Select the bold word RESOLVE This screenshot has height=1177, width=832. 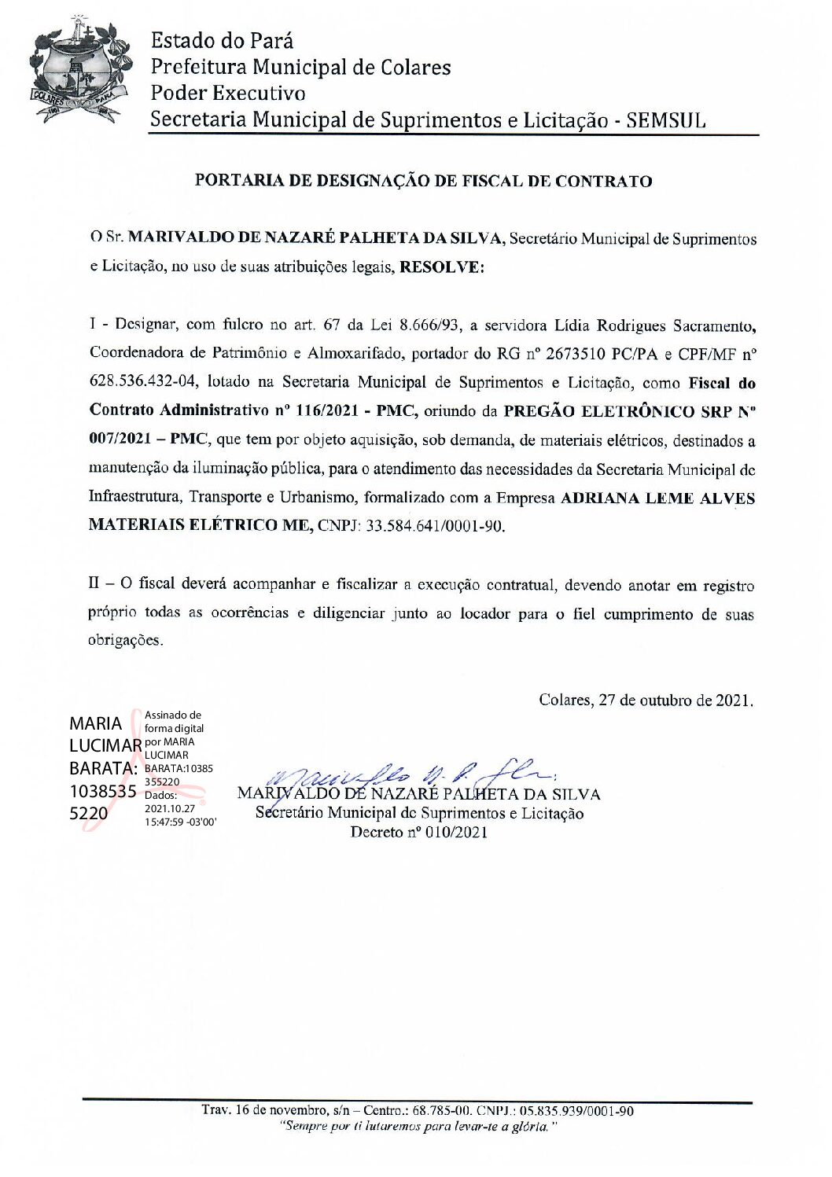click(x=442, y=267)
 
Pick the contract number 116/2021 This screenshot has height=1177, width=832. click(x=323, y=411)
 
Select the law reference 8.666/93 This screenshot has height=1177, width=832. click(x=430, y=325)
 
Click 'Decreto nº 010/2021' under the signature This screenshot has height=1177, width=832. click(x=418, y=833)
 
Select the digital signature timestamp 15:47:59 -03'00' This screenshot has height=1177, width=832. click(x=180, y=821)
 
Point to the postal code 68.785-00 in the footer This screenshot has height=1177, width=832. click(x=442, y=1111)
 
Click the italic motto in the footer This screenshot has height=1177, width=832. click(x=418, y=1127)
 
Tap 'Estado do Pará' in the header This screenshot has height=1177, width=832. click(x=223, y=40)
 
